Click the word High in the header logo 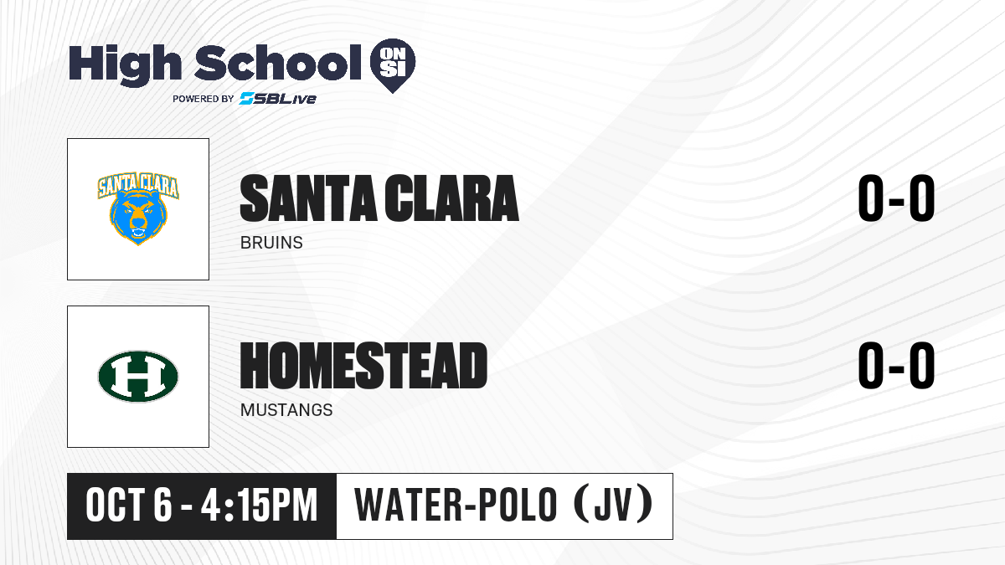coord(125,65)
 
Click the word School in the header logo coord(278,63)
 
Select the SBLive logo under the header coord(278,98)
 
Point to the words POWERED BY coord(204,99)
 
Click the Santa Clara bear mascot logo coord(138,209)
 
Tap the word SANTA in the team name coord(308,198)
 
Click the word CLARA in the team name coord(451,198)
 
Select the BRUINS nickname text coord(271,243)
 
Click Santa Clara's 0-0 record coord(896,198)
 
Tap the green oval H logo coord(138,376)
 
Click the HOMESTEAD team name coord(363,366)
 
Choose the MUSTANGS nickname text coord(286,410)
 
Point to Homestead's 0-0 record coord(896,366)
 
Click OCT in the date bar coord(115,506)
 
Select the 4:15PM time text coord(260,506)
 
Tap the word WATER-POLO coord(456,505)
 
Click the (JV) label coord(613,505)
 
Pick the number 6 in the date coord(162,506)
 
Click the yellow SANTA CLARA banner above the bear coord(138,186)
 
